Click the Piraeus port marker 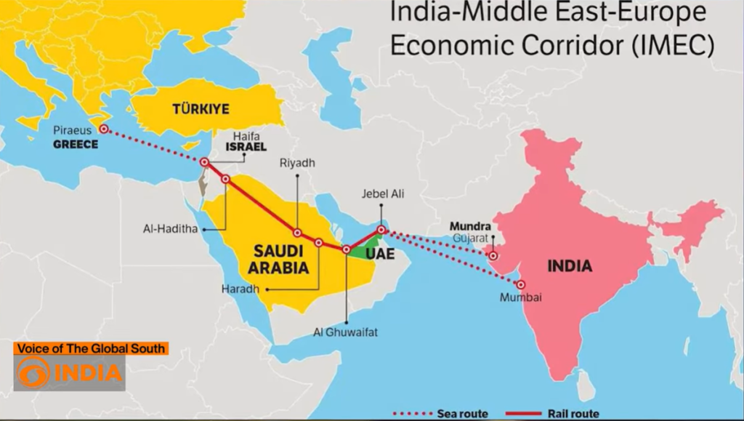pos(104,129)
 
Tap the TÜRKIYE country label pos(201,109)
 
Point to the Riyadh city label pos(297,164)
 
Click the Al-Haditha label pos(171,229)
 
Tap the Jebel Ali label pos(383,194)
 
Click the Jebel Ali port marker pos(381,230)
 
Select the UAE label pos(380,256)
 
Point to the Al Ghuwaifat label pos(346,332)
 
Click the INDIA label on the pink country pos(570,266)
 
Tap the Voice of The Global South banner pos(91,349)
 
